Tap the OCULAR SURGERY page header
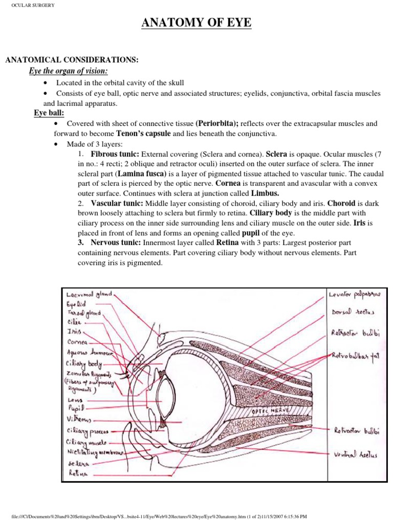click(30, 5)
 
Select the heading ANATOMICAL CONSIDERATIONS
click(72, 60)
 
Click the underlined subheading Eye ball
click(49, 113)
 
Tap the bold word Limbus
click(265, 193)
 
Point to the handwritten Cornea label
click(77, 341)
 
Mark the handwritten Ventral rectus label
click(356, 453)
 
